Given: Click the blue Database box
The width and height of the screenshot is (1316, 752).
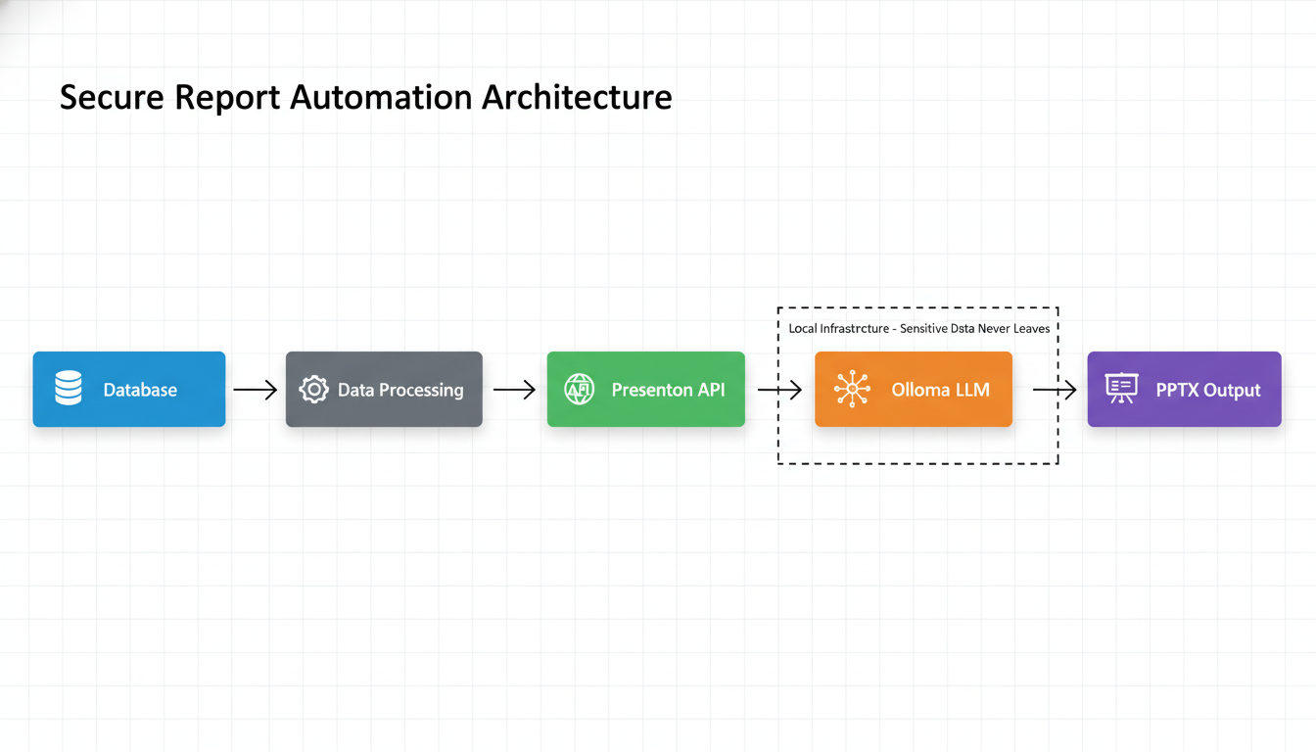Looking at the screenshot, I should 129,390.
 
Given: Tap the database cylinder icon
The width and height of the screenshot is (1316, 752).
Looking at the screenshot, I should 69,389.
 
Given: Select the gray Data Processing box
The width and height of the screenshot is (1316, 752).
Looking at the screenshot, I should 384,390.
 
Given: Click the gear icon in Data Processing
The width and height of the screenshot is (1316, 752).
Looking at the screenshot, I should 313,390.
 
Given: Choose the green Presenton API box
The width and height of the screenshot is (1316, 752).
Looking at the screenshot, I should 645,390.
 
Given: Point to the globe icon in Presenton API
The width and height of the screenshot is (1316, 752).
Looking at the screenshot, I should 580,390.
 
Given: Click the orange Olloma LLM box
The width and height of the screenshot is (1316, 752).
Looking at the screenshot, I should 913,390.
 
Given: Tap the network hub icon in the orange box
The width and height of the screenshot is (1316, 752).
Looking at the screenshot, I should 852,390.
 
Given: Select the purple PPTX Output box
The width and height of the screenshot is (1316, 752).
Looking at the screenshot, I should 1184,390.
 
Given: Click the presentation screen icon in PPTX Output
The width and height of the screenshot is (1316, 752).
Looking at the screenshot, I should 1121,389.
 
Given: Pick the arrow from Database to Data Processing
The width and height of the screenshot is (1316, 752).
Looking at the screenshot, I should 256,390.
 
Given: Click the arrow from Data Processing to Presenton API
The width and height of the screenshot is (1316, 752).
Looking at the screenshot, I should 514,390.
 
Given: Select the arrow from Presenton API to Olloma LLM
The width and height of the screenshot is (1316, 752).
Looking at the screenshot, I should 779,390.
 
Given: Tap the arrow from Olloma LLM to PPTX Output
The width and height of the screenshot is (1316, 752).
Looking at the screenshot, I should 1055,390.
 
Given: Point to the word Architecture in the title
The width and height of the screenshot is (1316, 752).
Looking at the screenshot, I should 577,98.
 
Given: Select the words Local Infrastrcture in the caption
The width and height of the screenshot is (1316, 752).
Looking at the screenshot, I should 838,329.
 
